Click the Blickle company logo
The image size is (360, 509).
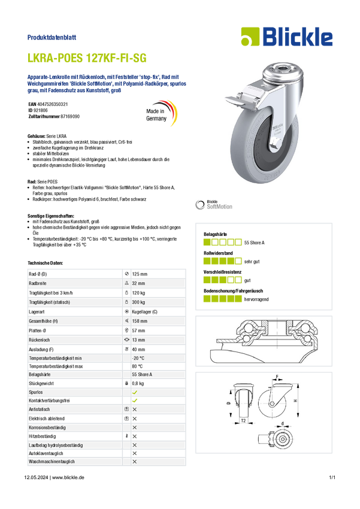(287, 37)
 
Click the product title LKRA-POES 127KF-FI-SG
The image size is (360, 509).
(87, 57)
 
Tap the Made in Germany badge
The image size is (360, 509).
(161, 114)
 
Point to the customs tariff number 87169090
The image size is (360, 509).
(70, 116)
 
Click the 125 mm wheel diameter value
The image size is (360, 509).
(140, 274)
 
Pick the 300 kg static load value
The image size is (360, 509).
(138, 302)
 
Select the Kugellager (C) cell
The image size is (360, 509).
(144, 311)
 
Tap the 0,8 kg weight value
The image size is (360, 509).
(138, 383)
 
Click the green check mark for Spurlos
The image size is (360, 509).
(135, 392)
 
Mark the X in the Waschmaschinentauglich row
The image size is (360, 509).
(135, 462)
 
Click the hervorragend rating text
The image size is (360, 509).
(256, 299)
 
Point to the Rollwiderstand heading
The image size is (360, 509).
(218, 253)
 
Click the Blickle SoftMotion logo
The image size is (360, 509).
(214, 205)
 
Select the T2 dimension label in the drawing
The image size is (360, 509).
(243, 421)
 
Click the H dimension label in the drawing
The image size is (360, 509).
(296, 401)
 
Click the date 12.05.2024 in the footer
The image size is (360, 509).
(36, 477)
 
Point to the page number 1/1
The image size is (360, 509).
(332, 477)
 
